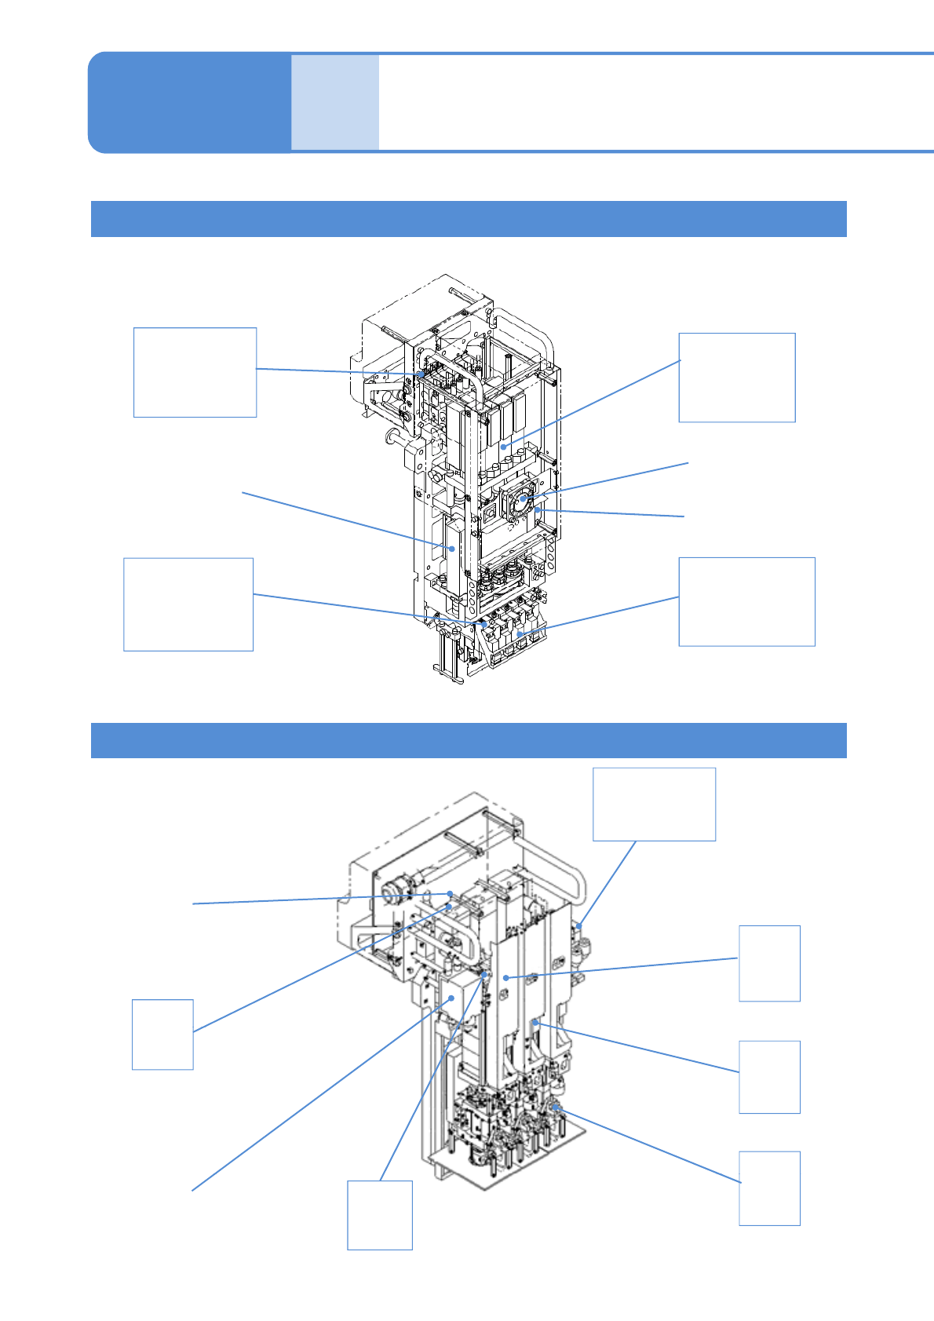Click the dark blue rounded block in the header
[x=188, y=102]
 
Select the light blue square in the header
[x=335, y=102]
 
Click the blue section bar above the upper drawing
[x=469, y=219]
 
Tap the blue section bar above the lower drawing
[x=469, y=740]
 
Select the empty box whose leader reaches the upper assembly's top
[x=195, y=372]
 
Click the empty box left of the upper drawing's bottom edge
[x=188, y=604]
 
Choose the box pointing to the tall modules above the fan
[x=736, y=378]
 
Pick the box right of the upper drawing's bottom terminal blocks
[x=746, y=601]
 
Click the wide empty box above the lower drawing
[x=654, y=805]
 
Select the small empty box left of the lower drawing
[x=162, y=1034]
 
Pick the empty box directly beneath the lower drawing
[x=380, y=1214]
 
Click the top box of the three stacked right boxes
[x=769, y=963]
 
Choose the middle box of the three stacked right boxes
[x=769, y=1077]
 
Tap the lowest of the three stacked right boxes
[x=769, y=1188]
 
